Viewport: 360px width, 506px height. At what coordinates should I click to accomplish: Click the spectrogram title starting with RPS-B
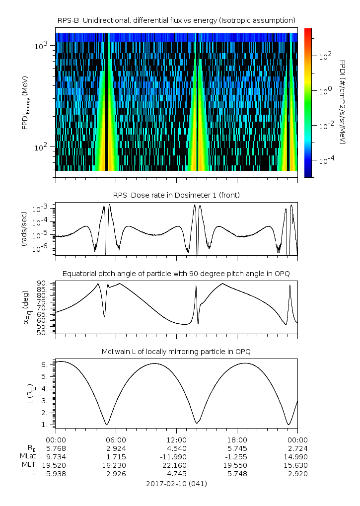176,20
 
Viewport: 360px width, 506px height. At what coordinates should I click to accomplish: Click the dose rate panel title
176,195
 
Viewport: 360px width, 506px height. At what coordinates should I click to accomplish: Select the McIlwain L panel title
176,352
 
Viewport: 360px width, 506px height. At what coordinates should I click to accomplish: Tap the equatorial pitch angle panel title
176,274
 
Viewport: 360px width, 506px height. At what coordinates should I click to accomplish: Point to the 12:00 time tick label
176,439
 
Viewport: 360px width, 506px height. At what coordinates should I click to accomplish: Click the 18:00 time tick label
237,439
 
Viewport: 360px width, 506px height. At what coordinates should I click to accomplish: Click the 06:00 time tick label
116,439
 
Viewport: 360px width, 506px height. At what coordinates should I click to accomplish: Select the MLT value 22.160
176,465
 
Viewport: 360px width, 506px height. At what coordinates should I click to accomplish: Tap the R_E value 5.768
56,448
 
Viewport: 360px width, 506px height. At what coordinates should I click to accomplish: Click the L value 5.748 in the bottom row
237,473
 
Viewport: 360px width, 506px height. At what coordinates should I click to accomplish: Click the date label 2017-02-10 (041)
176,483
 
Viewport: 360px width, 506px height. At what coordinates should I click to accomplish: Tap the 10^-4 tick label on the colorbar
325,161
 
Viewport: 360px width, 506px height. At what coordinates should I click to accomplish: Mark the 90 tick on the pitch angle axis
43,283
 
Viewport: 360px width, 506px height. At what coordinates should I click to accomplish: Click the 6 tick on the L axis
45,364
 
